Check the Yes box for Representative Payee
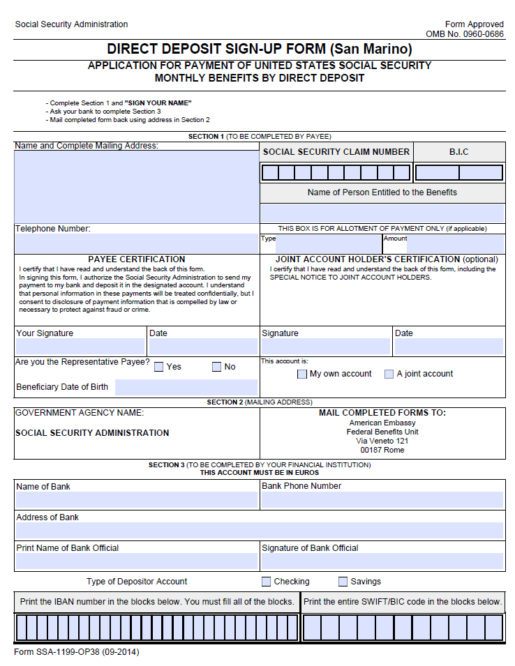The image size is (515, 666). [159, 367]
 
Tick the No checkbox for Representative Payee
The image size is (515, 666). [216, 367]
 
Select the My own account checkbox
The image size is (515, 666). [302, 374]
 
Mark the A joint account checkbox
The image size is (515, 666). [389, 374]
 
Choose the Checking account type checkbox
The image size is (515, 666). [267, 582]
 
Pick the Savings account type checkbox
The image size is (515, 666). [343, 582]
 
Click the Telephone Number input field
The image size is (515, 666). [136, 243]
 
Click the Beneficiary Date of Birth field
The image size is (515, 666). [186, 387]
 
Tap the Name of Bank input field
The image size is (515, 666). [136, 500]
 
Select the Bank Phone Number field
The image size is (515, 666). [382, 500]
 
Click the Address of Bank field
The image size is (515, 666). [259, 531]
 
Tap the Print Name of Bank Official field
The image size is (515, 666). [136, 561]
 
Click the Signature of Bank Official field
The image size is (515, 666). [382, 561]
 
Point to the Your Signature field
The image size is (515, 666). [80, 347]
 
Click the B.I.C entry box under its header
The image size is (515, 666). [458, 173]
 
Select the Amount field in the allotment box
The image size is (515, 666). [455, 244]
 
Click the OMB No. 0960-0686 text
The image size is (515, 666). [464, 34]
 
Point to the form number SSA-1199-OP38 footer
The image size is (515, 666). [77, 653]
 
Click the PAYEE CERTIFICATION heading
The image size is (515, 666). [137, 259]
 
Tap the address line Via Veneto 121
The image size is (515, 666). [382, 441]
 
